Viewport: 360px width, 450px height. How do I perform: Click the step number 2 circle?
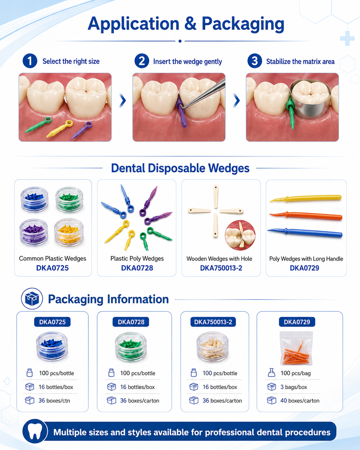[x=142, y=61]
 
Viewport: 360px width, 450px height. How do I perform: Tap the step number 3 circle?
[x=255, y=61]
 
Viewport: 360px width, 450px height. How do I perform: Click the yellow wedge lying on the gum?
[x=60, y=128]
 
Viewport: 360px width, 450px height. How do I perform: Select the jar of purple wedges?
[x=34, y=232]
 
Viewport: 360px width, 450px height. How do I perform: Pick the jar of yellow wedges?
[x=69, y=232]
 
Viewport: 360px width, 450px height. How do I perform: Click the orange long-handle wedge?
[x=306, y=216]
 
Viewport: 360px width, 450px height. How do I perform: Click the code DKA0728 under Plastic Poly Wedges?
[x=137, y=268]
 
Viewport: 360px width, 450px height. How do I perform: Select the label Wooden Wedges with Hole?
[x=219, y=259]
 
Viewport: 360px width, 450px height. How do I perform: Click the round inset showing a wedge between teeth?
[x=240, y=235]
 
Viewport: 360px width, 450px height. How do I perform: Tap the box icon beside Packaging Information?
[x=32, y=299]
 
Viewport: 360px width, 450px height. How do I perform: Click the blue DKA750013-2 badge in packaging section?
[x=213, y=322]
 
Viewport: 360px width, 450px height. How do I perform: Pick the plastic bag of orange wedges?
[x=296, y=348]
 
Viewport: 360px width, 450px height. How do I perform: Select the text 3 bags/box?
[x=294, y=387]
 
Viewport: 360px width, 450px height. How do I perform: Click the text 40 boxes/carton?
[x=300, y=401]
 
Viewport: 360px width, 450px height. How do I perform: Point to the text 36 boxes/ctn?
[x=54, y=401]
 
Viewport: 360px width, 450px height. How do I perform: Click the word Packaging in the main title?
[x=243, y=24]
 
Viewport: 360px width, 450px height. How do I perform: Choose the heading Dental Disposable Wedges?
[x=180, y=168]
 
